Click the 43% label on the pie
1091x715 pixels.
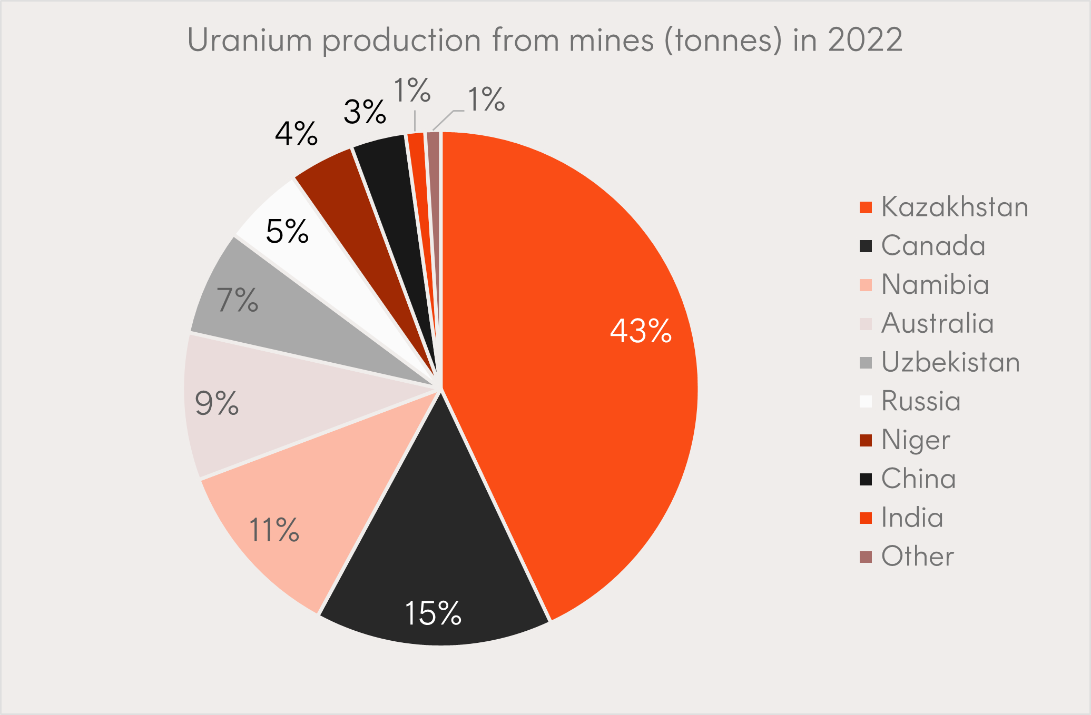pyautogui.click(x=641, y=331)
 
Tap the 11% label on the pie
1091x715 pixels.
pyautogui.click(x=274, y=530)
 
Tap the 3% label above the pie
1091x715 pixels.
pyautogui.click(x=365, y=112)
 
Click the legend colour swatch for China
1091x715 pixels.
pyautogui.click(x=866, y=479)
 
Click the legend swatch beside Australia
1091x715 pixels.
pyautogui.click(x=866, y=323)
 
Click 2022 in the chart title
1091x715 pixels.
pyautogui.click(x=865, y=40)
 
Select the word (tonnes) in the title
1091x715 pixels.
pyautogui.click(x=723, y=40)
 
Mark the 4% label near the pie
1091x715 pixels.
pyautogui.click(x=296, y=134)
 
